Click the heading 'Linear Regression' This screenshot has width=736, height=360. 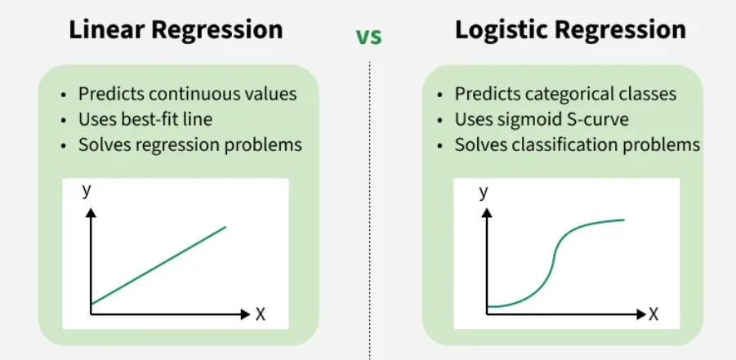coord(176,30)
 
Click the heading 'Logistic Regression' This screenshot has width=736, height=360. coord(570,30)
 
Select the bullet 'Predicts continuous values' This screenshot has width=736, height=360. coord(187,93)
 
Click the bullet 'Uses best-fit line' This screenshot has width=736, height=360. coord(145,119)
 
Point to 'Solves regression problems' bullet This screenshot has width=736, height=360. coord(190,144)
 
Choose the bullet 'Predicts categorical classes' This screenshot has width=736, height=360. coord(565,93)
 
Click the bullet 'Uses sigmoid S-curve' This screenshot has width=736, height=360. coord(542,119)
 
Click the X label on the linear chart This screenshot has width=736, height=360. coord(260,314)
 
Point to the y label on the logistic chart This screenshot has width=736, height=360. coord(484,191)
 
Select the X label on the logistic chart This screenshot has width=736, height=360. coord(653,314)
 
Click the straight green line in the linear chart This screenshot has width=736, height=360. coord(158,265)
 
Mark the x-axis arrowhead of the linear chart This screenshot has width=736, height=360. coord(243,313)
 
